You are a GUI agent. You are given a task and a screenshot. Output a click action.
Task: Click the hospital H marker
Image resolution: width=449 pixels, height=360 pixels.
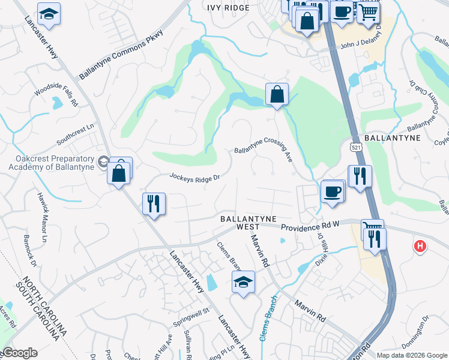pyautogui.click(x=421, y=246)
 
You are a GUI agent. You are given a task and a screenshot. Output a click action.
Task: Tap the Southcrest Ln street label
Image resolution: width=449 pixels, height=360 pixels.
pyautogui.click(x=76, y=135)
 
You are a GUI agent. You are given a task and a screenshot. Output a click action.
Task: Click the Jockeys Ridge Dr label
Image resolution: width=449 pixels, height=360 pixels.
pyautogui.click(x=196, y=178)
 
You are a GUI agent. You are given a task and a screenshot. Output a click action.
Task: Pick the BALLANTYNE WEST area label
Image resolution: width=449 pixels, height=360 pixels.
pyautogui.click(x=240, y=223)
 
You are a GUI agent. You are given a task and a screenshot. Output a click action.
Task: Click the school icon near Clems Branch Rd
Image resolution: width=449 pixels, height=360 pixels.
pyautogui.click(x=243, y=282)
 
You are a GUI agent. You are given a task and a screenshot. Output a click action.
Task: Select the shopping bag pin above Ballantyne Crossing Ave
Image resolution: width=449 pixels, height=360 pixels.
pyautogui.click(x=277, y=94)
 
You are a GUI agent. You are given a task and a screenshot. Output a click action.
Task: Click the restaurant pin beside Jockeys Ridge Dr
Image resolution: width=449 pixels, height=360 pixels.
pyautogui.click(x=154, y=204)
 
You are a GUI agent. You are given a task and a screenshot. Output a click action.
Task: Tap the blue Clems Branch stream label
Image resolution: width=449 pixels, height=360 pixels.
pyautogui.click(x=268, y=318)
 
